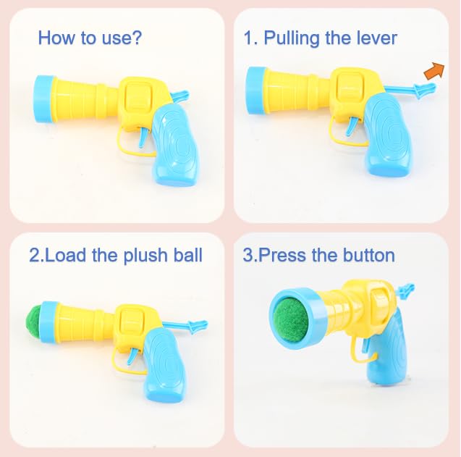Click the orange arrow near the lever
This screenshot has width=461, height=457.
(x=435, y=71)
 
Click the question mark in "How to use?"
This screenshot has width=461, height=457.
(x=137, y=38)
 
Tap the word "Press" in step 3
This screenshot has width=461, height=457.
(x=282, y=255)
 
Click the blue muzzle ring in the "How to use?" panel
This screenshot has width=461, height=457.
(x=44, y=99)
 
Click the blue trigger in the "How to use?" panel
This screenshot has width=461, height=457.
(x=144, y=137)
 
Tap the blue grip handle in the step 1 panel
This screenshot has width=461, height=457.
(x=388, y=135)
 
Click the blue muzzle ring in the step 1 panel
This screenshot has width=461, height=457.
(x=255, y=90)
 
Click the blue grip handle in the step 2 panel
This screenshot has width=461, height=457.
(x=165, y=365)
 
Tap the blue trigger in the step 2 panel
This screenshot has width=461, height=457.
(x=133, y=356)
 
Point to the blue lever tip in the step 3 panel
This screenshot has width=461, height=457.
(x=406, y=290)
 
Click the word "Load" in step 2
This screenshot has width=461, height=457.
(x=66, y=255)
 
